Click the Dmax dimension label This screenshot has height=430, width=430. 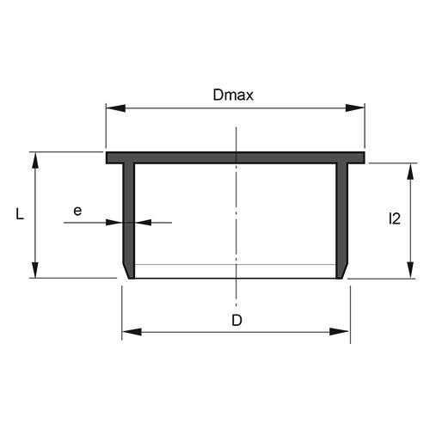tap(233, 96)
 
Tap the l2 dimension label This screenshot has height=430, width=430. tap(394, 219)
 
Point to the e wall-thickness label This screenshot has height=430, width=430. tap(77, 209)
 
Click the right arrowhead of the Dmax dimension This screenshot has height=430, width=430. tap(356, 108)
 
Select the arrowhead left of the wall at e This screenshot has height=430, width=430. tap(113, 222)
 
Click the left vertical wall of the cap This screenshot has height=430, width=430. tap(128, 215)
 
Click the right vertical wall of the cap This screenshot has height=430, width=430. tap(344, 215)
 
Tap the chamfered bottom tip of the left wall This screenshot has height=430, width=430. tap(129, 272)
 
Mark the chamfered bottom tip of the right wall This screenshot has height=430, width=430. tap(343, 272)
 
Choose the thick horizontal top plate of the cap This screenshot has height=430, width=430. tap(236, 158)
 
